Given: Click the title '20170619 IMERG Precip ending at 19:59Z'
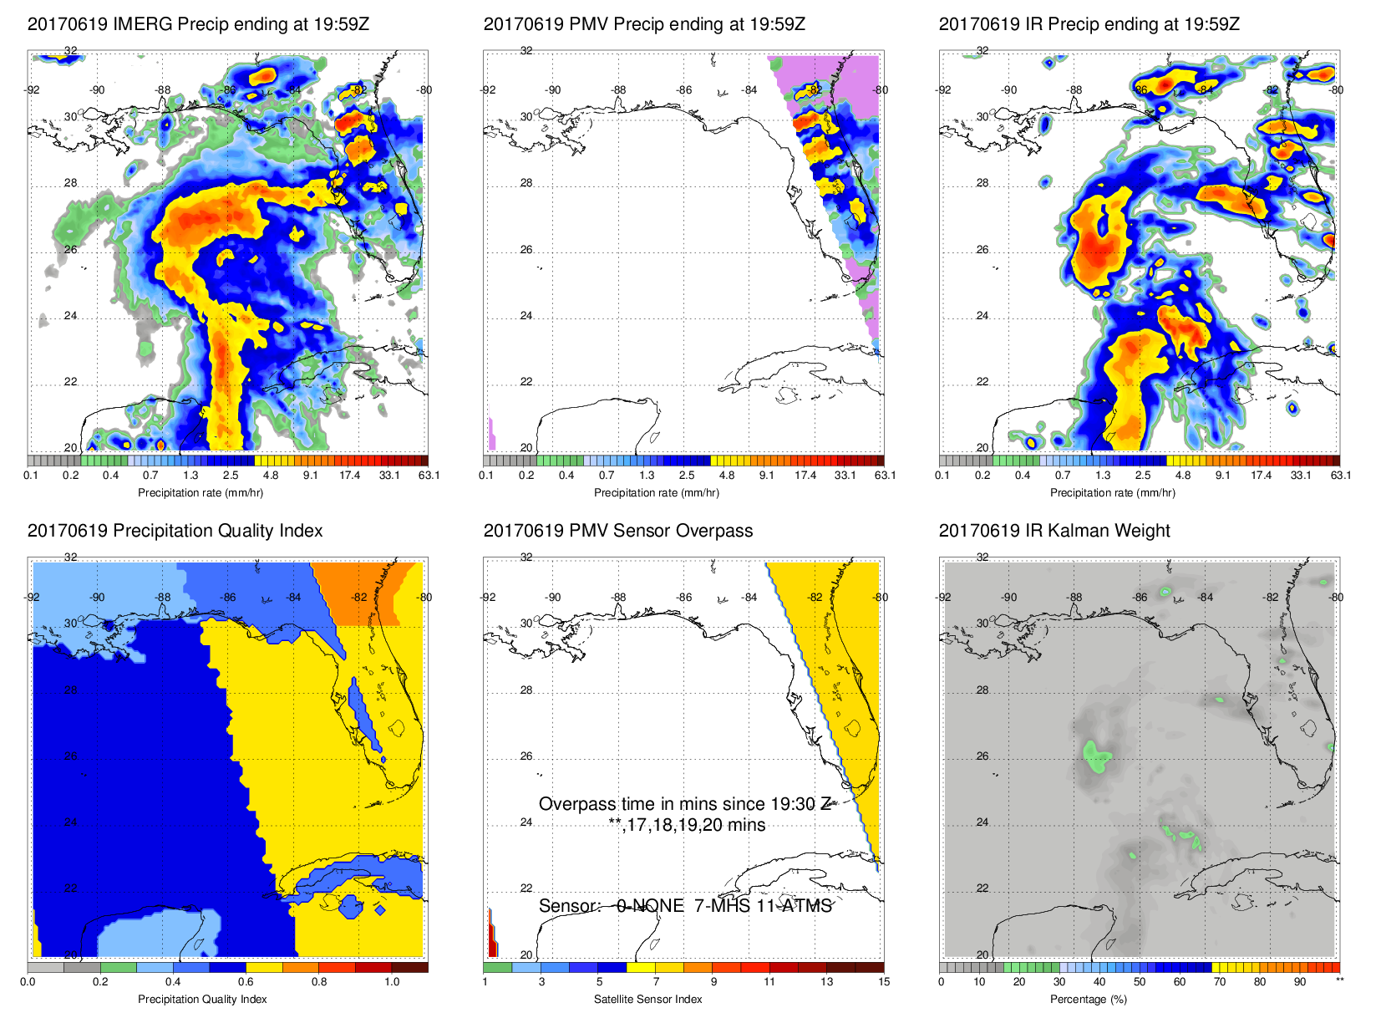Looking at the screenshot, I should [198, 24].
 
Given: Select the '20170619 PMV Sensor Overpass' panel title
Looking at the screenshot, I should [617, 531].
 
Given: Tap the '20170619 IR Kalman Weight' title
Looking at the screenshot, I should [1054, 531].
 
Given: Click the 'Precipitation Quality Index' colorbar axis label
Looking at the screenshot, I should [202, 999].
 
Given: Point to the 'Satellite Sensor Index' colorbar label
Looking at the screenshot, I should [647, 999].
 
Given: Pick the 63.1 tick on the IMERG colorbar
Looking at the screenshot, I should [429, 476].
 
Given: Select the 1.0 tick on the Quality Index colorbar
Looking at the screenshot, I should [392, 982].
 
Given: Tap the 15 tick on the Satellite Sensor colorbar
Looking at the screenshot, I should [884, 982].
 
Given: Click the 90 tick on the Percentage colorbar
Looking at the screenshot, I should [1299, 982].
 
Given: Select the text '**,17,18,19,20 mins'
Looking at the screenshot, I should [687, 825].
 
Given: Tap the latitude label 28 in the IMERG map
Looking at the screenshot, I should [70, 183].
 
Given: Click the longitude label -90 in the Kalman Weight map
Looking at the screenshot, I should [1009, 598].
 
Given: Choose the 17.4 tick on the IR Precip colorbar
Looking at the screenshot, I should [1261, 476].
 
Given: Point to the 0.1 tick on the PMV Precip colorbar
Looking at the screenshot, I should [486, 476].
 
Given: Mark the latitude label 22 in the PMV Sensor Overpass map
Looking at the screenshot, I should [526, 888].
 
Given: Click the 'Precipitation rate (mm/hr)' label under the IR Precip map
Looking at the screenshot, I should [1112, 493].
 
